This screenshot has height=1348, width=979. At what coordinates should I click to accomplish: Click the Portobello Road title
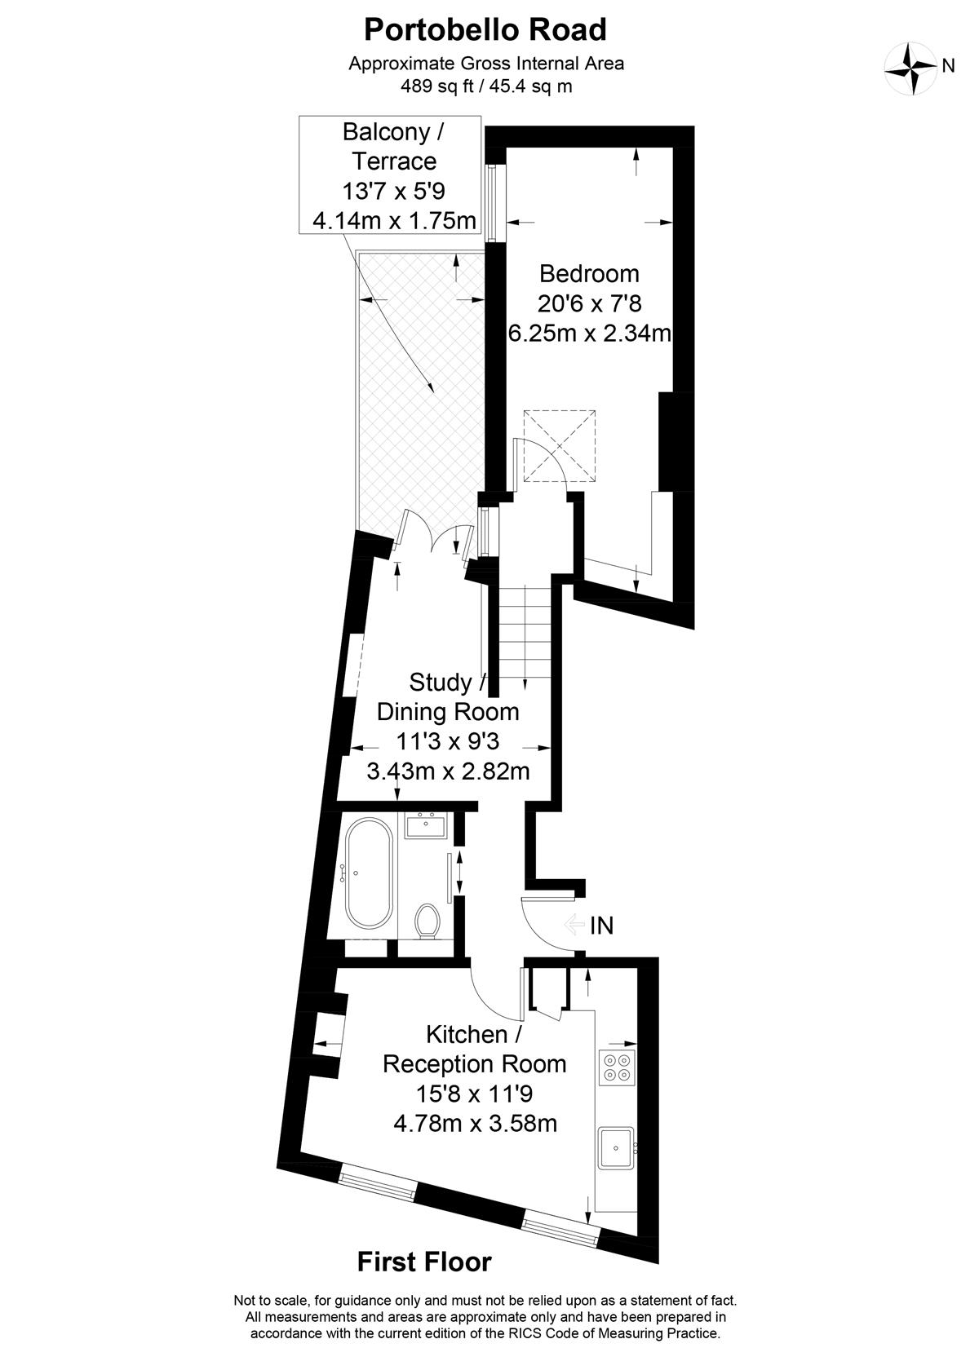click(x=485, y=30)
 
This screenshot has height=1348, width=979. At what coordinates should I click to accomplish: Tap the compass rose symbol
click(x=910, y=69)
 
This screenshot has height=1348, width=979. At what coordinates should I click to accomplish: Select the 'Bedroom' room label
click(x=589, y=274)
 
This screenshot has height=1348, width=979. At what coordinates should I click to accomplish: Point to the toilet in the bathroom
click(x=427, y=922)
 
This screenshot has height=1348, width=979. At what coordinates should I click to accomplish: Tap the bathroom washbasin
click(x=426, y=825)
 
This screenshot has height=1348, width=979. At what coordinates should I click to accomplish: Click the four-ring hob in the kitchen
click(x=617, y=1067)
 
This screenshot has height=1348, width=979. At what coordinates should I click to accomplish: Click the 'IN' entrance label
click(x=601, y=926)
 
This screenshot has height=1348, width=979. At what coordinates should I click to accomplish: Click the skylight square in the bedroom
click(x=560, y=447)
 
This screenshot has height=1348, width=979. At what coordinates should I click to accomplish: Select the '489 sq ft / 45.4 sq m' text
click(x=486, y=86)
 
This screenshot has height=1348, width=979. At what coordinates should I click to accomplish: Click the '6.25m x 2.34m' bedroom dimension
click(x=590, y=333)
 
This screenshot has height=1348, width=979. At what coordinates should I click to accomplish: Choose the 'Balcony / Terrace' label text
click(x=394, y=146)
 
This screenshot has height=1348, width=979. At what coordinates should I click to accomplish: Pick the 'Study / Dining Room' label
click(x=448, y=697)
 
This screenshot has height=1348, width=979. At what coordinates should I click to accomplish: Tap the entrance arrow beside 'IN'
click(x=574, y=924)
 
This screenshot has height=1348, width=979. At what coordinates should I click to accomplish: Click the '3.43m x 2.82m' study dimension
click(x=448, y=771)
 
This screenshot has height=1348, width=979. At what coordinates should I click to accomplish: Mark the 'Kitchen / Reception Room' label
click(x=475, y=1050)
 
